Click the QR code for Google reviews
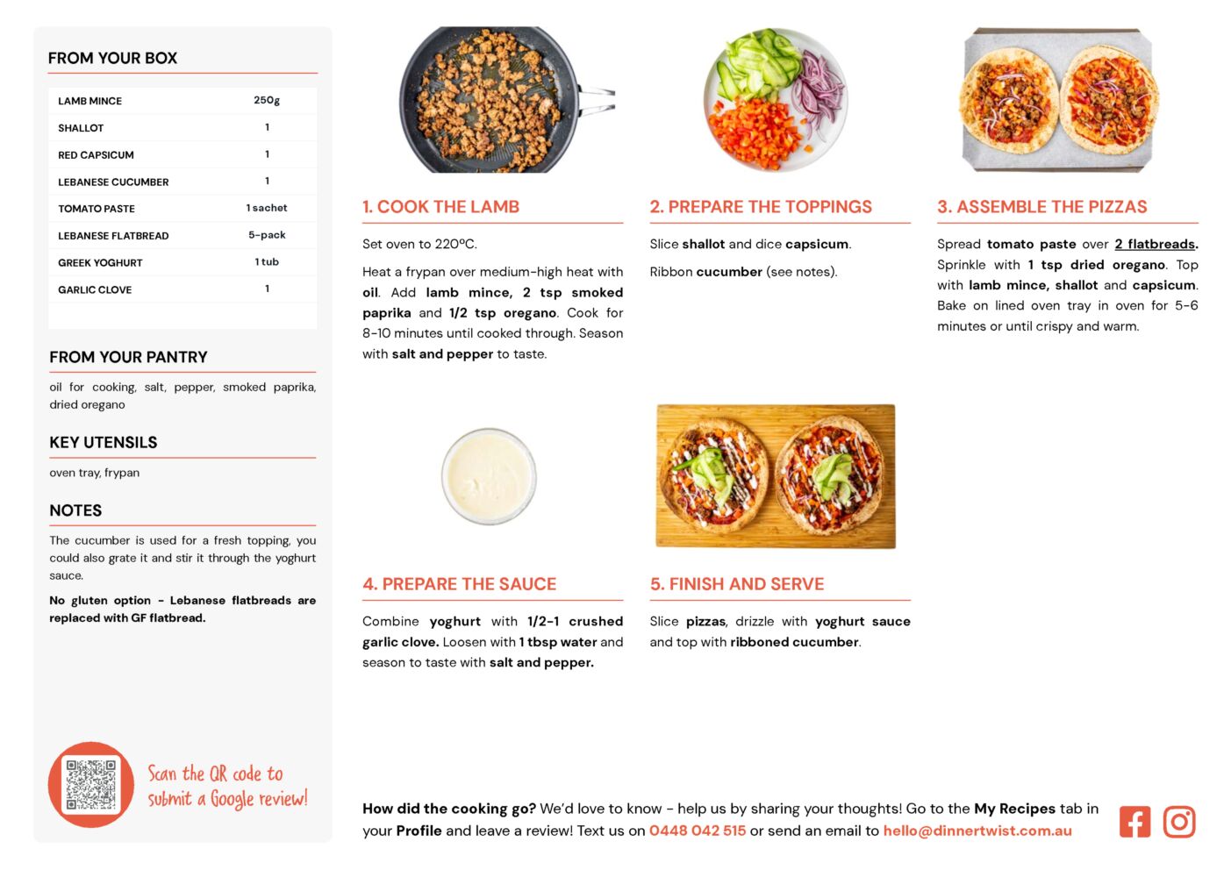[91, 785]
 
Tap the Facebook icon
[1134, 822]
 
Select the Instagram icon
[1178, 822]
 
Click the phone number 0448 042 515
[697, 831]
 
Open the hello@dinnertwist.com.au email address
[977, 831]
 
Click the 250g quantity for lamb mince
[267, 100]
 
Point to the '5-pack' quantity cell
[267, 235]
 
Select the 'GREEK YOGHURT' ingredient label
[100, 262]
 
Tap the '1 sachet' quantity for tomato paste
[267, 208]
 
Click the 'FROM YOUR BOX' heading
[112, 58]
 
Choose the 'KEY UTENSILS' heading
[104, 442]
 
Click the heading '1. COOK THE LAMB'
[440, 206]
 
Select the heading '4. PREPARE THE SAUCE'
[460, 584]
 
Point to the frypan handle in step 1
[597, 100]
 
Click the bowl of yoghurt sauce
[489, 476]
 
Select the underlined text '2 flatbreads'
[1155, 244]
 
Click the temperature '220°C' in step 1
[455, 244]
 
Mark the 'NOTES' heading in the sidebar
[75, 510]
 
